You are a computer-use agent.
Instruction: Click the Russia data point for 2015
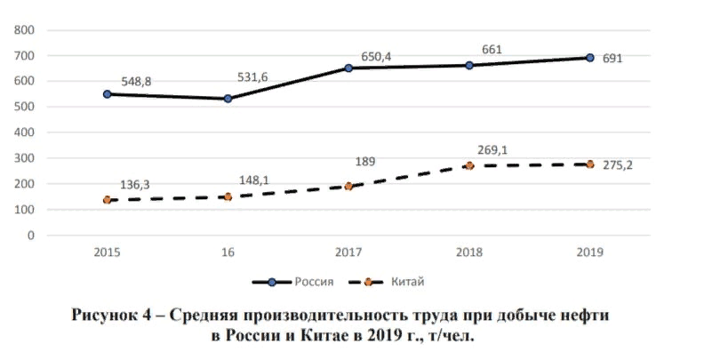108,93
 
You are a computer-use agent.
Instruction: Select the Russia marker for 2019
589,58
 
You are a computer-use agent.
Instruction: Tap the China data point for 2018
469,165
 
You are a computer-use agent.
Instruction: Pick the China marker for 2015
108,200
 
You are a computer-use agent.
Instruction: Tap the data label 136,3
134,185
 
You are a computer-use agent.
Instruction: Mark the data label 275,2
618,165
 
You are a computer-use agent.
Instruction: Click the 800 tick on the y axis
25,30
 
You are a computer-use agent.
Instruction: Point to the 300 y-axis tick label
25,159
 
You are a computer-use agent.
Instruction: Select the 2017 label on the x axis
348,252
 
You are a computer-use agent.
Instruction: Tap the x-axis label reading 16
228,252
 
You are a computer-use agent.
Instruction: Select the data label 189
365,162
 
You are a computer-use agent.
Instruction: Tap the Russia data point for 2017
348,68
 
